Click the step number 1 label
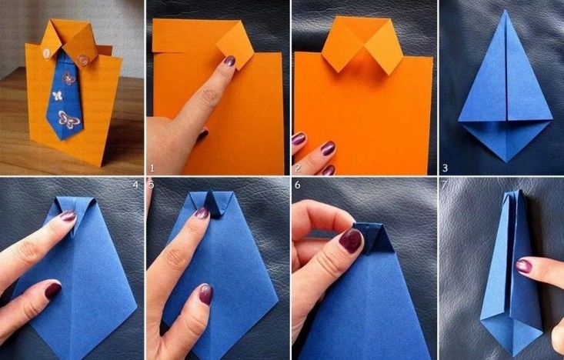point(152,168)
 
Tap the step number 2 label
point(298,168)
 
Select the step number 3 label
point(446,168)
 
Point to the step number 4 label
point(135,185)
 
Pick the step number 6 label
point(298,185)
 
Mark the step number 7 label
point(444,185)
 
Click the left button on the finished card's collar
point(47,53)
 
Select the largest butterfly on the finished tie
point(68,120)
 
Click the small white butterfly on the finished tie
point(57,95)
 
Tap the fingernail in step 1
point(229,61)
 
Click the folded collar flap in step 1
point(235,45)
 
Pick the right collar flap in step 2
point(383,47)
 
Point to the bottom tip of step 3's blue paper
point(506,162)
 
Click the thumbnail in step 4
point(52,290)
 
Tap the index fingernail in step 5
point(202,213)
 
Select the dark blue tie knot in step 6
point(374,238)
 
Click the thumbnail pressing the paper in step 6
point(350,240)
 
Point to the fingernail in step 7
point(524,266)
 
